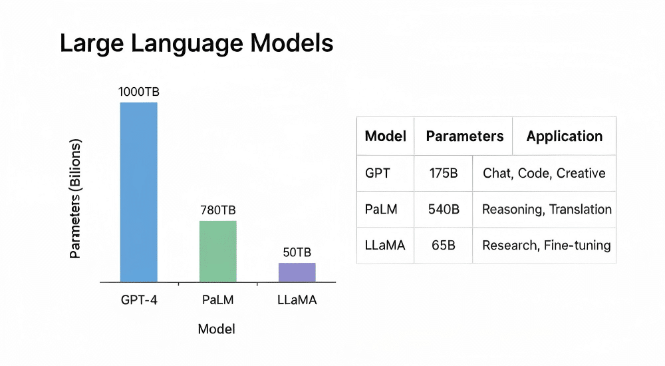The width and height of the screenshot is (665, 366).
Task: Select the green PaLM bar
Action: tap(218, 251)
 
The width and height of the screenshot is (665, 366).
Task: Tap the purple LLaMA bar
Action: tap(297, 272)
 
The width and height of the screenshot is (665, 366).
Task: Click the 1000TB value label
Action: tap(138, 92)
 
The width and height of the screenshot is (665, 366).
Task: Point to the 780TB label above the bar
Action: tap(218, 210)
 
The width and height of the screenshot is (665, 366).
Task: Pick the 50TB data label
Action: tap(297, 253)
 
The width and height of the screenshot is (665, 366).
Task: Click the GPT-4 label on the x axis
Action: tap(138, 300)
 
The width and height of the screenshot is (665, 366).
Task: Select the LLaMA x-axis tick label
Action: tap(297, 300)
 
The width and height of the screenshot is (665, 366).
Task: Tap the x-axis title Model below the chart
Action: tap(217, 329)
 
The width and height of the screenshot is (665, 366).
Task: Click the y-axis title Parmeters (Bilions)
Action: tap(76, 200)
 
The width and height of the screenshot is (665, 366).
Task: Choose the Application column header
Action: tap(564, 136)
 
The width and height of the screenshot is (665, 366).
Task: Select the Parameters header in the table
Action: tap(464, 136)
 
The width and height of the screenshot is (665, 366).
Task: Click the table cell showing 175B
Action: tap(444, 173)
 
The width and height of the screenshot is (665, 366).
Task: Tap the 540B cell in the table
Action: tap(444, 209)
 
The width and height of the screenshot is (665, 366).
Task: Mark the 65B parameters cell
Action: tap(444, 245)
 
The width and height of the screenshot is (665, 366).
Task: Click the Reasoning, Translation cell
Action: tap(546, 209)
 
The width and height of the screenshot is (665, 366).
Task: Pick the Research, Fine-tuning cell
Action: tap(546, 245)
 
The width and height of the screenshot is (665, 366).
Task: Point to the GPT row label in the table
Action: tap(378, 173)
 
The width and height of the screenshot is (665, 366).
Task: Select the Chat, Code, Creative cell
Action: tap(544, 173)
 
